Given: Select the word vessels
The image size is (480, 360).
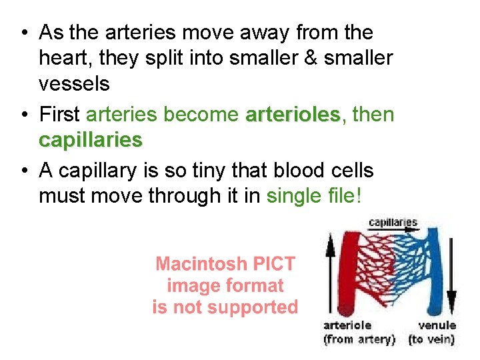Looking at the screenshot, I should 74,83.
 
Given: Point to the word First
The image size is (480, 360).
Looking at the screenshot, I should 60,115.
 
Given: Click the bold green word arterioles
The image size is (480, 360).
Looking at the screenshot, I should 293,115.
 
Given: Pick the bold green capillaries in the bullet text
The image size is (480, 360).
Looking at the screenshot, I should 91,140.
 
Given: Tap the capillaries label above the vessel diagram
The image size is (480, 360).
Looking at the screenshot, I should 393,223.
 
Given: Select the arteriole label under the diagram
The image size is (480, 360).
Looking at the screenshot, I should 347,325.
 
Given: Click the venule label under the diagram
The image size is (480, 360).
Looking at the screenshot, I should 437,325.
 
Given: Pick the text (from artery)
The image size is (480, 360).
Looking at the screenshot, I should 359,339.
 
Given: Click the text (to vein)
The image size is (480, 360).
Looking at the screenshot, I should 431,339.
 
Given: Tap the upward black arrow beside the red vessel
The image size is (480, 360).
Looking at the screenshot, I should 329,273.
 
